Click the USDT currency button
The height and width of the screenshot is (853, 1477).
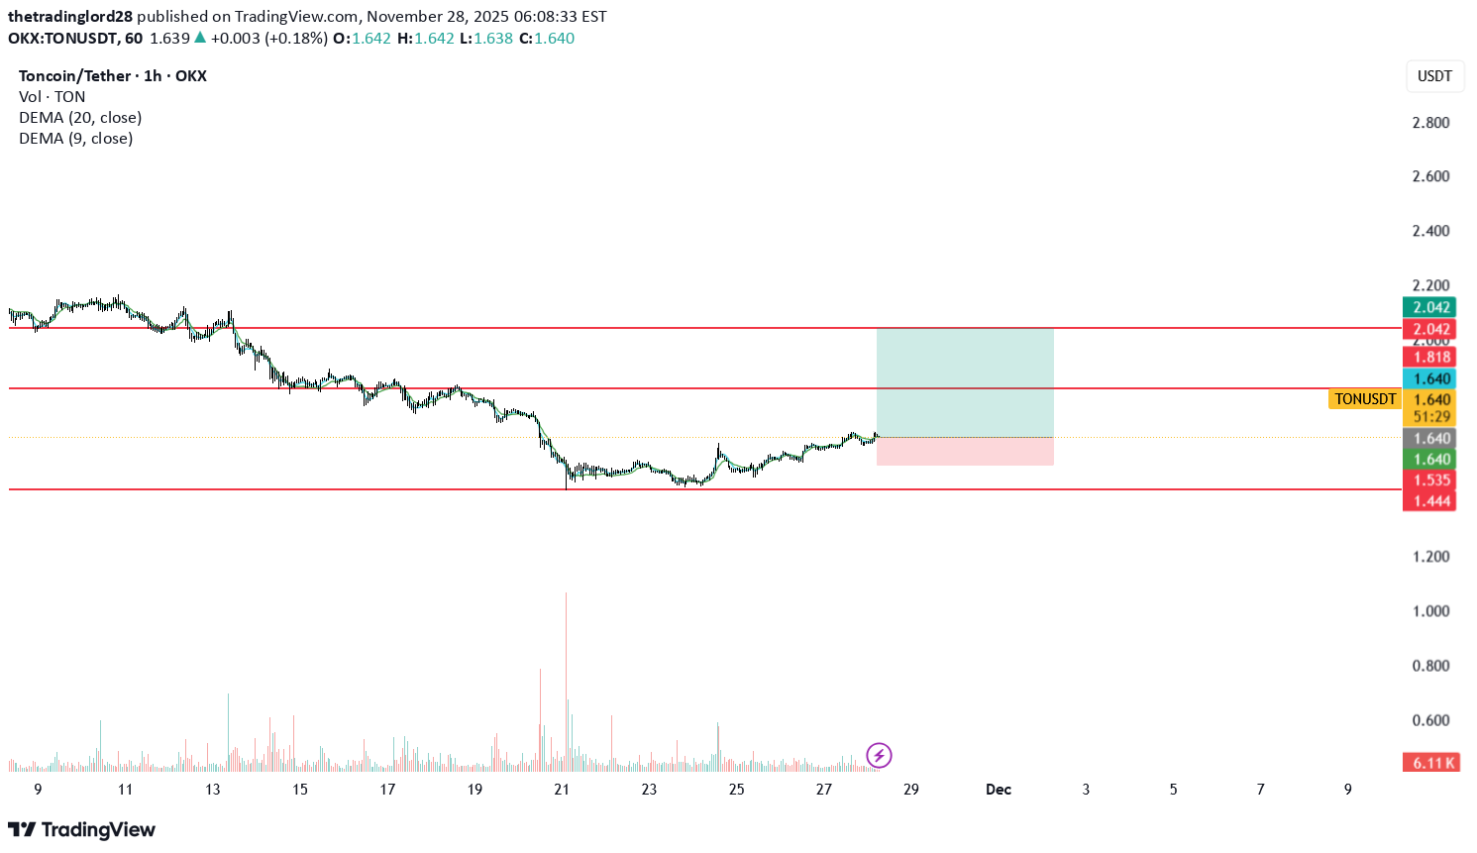pyautogui.click(x=1434, y=76)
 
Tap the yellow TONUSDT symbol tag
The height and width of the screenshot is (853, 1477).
pyautogui.click(x=1364, y=399)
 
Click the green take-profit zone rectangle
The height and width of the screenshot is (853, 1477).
pyautogui.click(x=965, y=382)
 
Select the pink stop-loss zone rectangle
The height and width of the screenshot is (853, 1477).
pyautogui.click(x=965, y=452)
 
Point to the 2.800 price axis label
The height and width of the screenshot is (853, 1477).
pyautogui.click(x=1430, y=123)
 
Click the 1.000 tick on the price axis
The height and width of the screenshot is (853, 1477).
pyautogui.click(x=1430, y=611)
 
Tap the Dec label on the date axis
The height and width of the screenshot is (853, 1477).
pyautogui.click(x=998, y=790)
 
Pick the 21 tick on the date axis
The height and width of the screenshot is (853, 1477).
pyautogui.click(x=562, y=790)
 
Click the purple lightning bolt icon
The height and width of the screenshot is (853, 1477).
pyautogui.click(x=879, y=756)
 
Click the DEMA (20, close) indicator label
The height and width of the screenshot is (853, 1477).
pyautogui.click(x=80, y=118)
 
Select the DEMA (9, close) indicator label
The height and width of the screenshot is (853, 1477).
pyautogui.click(x=75, y=139)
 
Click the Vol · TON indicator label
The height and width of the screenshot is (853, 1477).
pyautogui.click(x=52, y=97)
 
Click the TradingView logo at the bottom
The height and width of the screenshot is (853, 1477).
pyautogui.click(x=81, y=830)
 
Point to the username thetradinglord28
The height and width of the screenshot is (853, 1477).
pyautogui.click(x=70, y=17)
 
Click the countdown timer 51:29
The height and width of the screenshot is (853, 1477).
pyautogui.click(x=1431, y=417)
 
